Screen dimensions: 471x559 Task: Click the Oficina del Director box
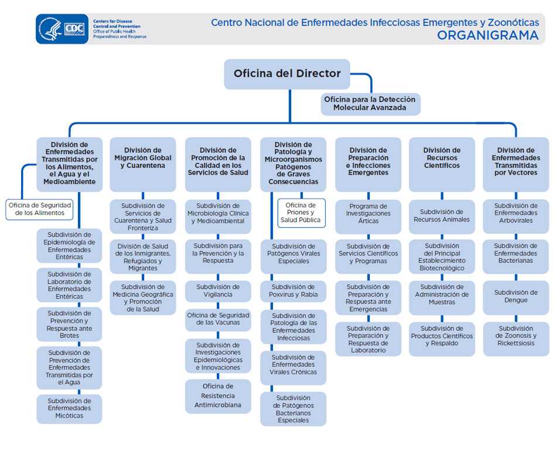tap(287, 74)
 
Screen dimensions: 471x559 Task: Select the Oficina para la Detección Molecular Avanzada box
tap(370, 104)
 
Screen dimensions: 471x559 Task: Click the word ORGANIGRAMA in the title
tap(488, 35)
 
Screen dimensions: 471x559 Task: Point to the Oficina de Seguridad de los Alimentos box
tap(40, 209)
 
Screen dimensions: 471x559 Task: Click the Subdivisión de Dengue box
tap(516, 296)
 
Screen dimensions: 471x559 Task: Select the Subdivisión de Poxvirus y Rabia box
tap(293, 291)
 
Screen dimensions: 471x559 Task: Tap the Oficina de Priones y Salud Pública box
tap(301, 213)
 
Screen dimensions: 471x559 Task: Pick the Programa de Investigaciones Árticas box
tap(368, 214)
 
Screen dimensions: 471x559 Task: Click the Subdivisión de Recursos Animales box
tap(441, 216)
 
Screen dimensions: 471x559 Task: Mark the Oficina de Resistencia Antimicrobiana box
tap(218, 395)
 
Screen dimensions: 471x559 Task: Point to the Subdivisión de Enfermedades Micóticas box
tap(69, 408)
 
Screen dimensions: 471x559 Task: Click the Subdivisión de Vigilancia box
tap(218, 291)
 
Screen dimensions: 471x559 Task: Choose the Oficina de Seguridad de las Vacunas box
tap(218, 319)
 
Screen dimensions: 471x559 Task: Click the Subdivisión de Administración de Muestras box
tap(441, 295)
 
